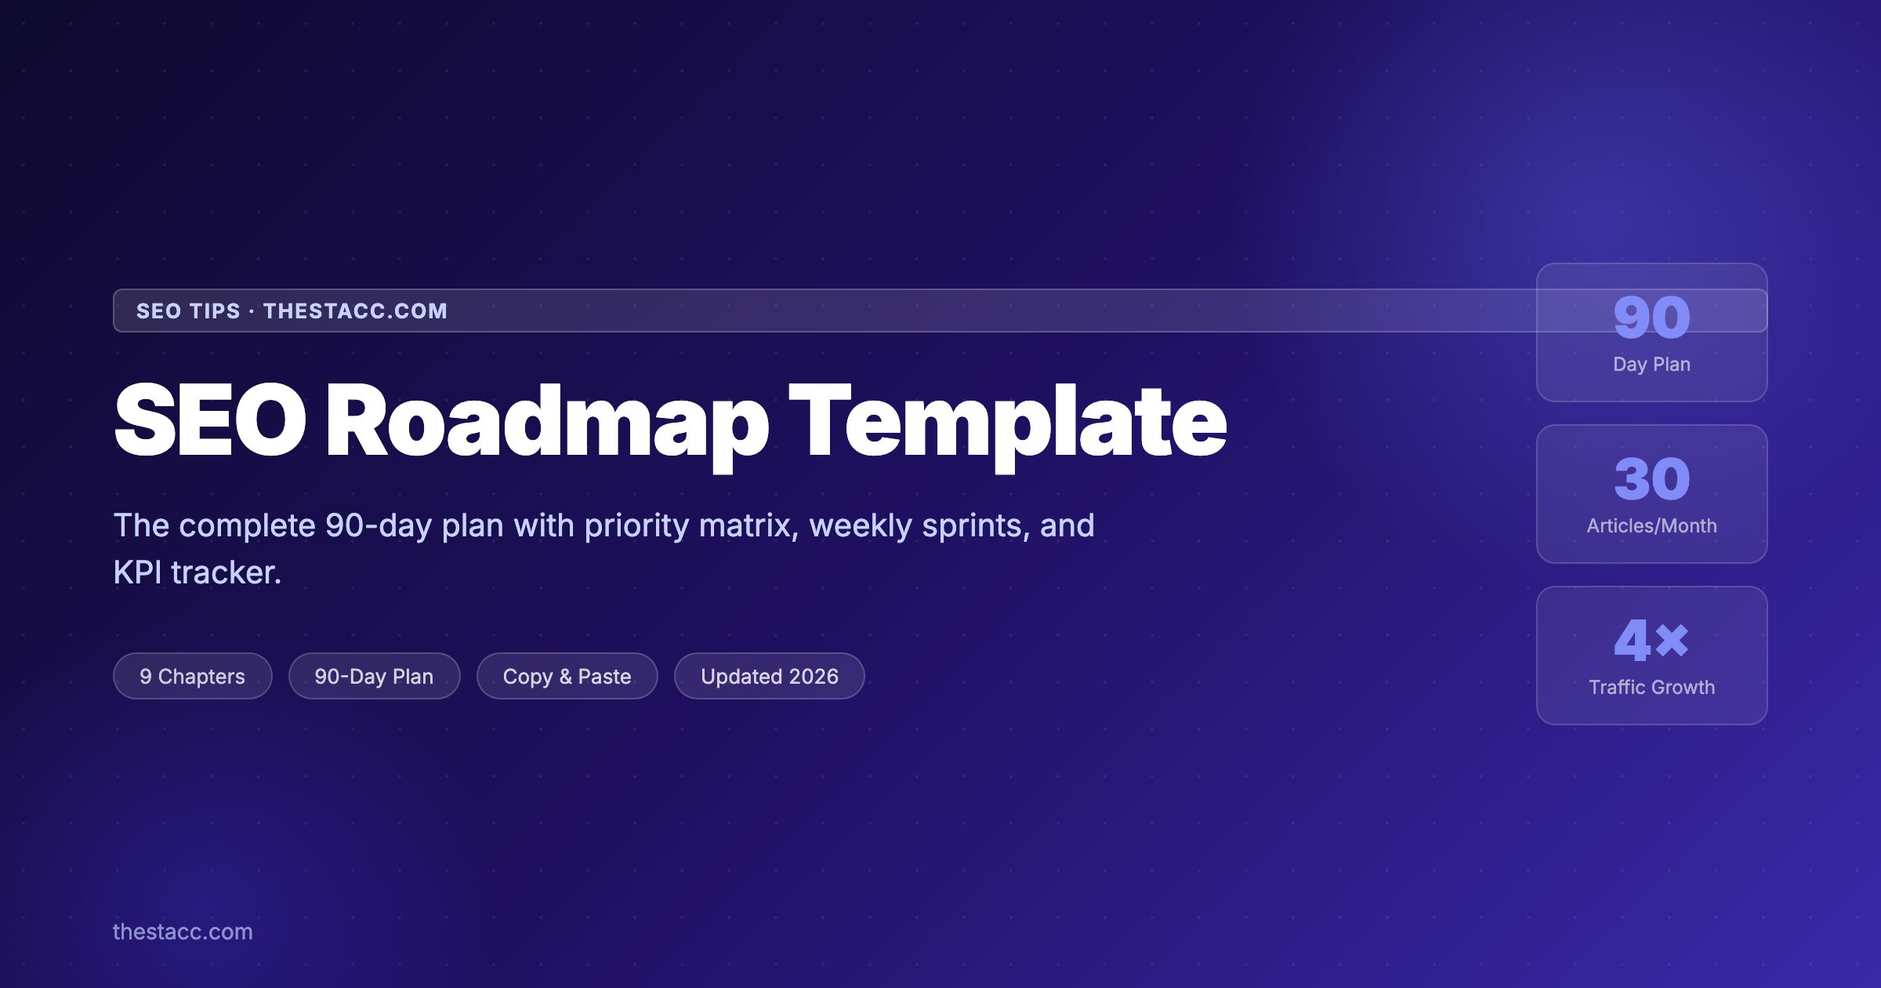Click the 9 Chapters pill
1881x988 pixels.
(x=192, y=676)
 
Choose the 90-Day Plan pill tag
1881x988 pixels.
(x=374, y=676)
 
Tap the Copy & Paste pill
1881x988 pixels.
(x=567, y=676)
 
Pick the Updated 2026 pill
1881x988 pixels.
(x=769, y=676)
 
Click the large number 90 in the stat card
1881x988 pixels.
(x=1651, y=318)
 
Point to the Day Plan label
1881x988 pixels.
(x=1651, y=365)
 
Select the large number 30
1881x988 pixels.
(x=1651, y=479)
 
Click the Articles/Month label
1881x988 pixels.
(x=1651, y=526)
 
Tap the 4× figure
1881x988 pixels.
(x=1651, y=641)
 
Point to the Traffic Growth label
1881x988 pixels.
(x=1651, y=688)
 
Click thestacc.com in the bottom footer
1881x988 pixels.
(x=183, y=932)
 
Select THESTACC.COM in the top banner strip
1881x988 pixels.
(x=355, y=311)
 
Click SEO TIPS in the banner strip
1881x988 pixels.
(x=188, y=311)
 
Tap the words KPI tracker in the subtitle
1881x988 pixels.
(x=197, y=572)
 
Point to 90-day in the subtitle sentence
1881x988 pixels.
(x=379, y=525)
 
